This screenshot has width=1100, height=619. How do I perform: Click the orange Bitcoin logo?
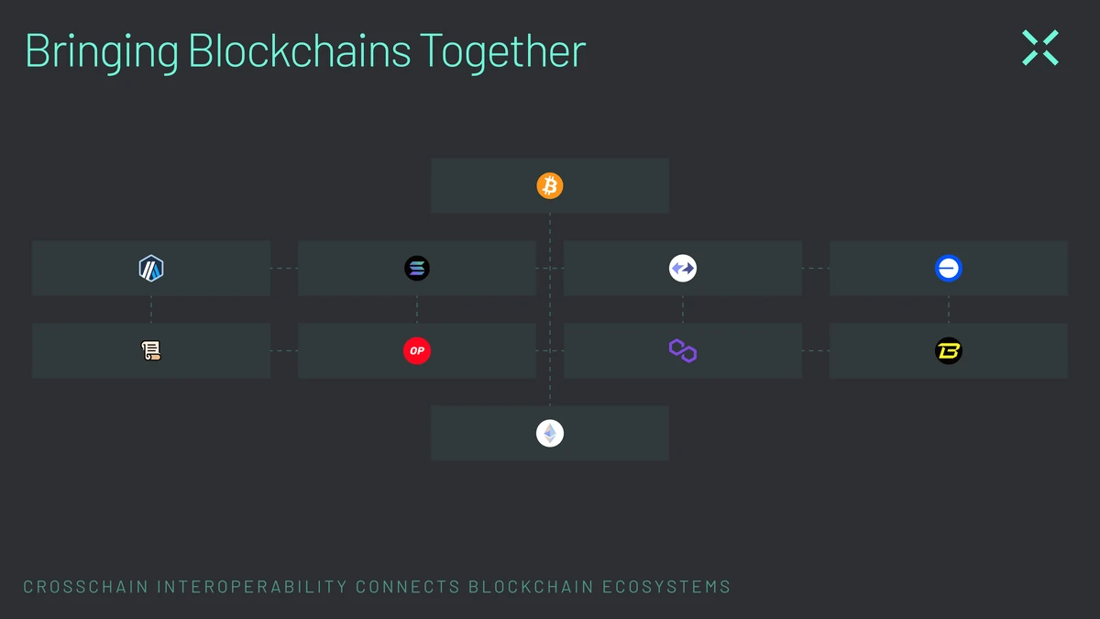tap(549, 185)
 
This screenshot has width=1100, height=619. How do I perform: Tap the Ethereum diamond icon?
tap(549, 433)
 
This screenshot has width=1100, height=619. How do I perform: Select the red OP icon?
tap(417, 350)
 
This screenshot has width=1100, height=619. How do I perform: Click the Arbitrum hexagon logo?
tap(151, 268)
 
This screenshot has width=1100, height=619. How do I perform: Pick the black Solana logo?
tap(417, 268)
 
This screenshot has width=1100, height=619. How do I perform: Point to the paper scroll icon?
tap(151, 350)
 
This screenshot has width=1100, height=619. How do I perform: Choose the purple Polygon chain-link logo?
tap(683, 350)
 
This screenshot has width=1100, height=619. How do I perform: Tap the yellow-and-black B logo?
tap(948, 350)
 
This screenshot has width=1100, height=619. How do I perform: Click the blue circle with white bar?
tap(948, 268)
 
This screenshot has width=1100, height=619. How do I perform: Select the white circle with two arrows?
tap(683, 268)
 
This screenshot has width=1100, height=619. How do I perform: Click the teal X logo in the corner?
tap(1040, 48)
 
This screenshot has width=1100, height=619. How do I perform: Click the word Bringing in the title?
tap(102, 52)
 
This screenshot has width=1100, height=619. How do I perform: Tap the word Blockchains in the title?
tap(300, 50)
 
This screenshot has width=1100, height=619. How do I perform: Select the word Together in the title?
tap(503, 52)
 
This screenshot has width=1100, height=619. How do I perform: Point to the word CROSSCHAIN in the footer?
tap(86, 587)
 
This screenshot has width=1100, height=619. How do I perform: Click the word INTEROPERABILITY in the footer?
tap(252, 587)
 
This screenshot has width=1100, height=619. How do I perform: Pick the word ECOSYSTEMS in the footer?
tap(666, 587)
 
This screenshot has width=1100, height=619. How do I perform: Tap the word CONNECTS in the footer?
tap(408, 587)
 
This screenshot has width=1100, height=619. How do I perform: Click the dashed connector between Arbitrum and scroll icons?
tap(151, 310)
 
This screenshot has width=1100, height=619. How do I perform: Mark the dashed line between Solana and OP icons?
tap(417, 310)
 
